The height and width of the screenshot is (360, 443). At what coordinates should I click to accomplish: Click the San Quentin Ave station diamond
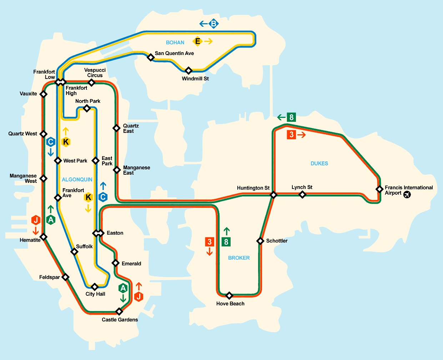tap(151, 57)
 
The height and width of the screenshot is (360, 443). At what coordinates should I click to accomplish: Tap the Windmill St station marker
tap(188, 70)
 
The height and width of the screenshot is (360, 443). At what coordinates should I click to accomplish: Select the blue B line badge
tap(213, 24)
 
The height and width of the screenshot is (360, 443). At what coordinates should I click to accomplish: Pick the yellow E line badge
tap(197, 41)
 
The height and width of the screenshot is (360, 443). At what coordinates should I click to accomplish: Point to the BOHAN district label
tap(175, 42)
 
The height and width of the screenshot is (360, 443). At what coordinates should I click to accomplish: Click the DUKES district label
tap(319, 164)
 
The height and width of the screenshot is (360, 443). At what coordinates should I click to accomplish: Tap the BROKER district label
tap(239, 258)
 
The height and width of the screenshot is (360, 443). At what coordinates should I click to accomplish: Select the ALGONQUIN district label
tap(77, 180)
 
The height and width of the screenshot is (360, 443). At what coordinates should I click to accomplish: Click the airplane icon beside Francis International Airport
tap(407, 194)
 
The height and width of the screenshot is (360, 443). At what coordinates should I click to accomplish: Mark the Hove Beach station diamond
tap(230, 295)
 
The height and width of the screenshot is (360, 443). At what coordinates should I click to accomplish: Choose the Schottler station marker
tap(261, 241)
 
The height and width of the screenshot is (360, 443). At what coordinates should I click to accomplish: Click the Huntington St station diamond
tap(273, 195)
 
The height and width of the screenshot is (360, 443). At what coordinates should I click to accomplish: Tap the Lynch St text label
tap(302, 187)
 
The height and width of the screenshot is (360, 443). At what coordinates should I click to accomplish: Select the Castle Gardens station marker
tap(119, 311)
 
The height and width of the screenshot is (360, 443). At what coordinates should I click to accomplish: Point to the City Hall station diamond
tap(95, 287)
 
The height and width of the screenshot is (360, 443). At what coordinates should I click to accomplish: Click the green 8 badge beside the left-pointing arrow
tap(292, 117)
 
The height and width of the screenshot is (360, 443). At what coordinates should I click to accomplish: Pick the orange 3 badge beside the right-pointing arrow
tap(292, 135)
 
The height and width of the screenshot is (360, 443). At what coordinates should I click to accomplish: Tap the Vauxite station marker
tap(44, 94)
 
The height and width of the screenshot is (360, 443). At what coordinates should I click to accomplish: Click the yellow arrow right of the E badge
tap(208, 41)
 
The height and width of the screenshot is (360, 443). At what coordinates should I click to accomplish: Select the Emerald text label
tap(131, 264)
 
